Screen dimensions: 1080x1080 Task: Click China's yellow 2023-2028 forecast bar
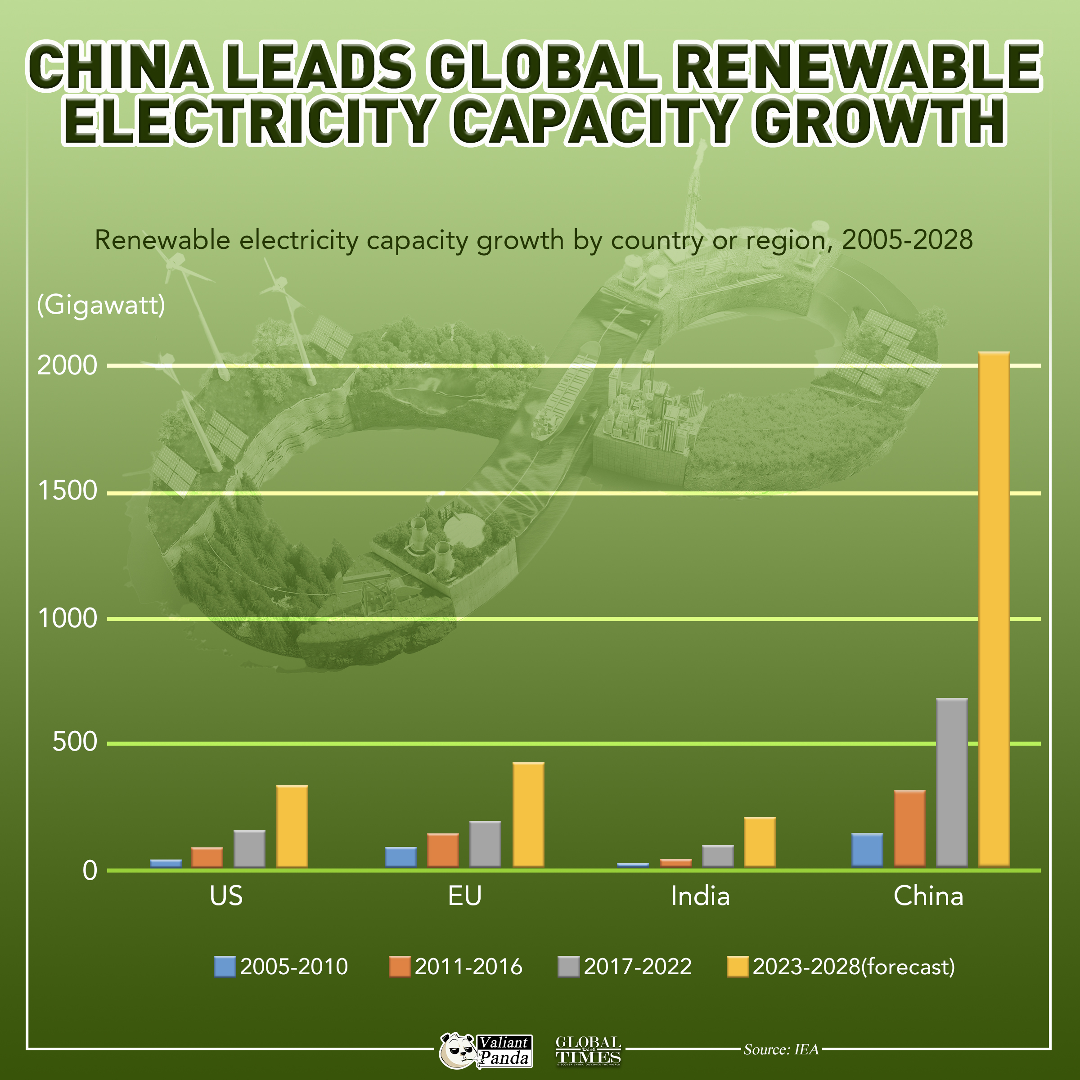[994, 609]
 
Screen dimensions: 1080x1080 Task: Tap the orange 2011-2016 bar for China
[909, 828]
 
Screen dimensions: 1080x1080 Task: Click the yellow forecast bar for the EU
[528, 815]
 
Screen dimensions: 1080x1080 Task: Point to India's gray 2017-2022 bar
[718, 856]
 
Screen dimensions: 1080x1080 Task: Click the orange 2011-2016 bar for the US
[207, 858]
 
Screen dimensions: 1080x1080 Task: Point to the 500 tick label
[75, 743]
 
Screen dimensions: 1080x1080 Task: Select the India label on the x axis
[700, 896]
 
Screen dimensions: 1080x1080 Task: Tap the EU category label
[464, 896]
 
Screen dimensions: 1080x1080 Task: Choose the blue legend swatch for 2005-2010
[225, 967]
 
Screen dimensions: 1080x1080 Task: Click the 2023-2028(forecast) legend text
[854, 967]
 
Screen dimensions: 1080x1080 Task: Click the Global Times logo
[588, 1050]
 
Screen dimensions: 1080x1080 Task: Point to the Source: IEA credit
[781, 1049]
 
